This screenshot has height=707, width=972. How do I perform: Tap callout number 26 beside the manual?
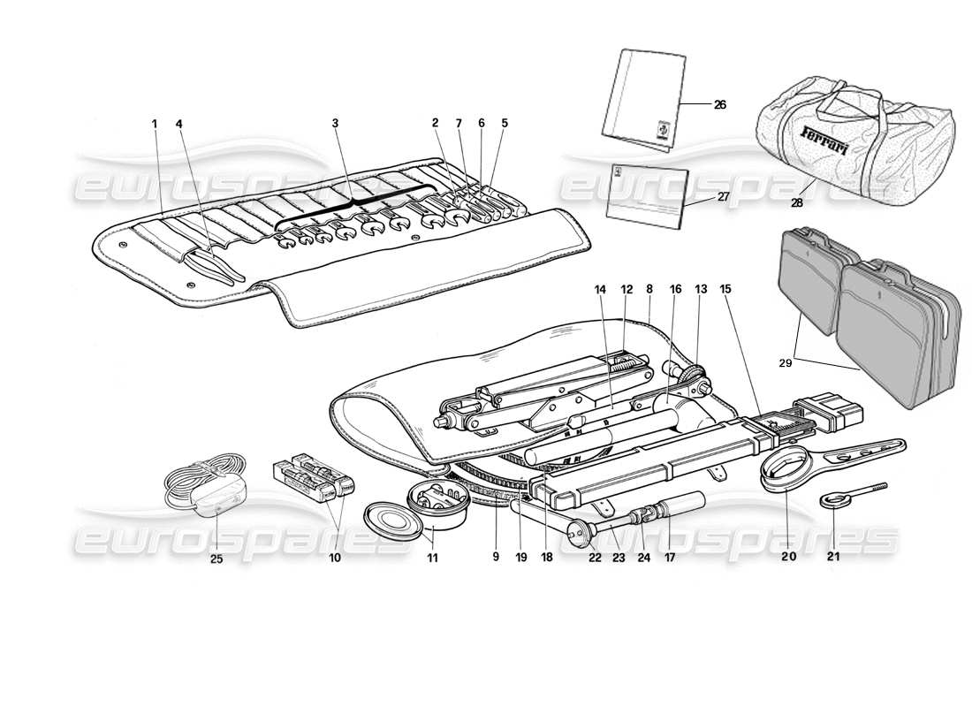720,104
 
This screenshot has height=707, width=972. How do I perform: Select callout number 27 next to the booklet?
724,196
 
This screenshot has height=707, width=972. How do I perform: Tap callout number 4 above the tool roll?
180,125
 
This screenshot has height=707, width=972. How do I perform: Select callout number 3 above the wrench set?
335,125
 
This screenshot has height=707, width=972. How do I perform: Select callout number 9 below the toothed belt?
496,558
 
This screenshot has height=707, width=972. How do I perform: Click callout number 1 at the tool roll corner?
154,125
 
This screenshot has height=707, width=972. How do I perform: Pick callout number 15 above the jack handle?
725,289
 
